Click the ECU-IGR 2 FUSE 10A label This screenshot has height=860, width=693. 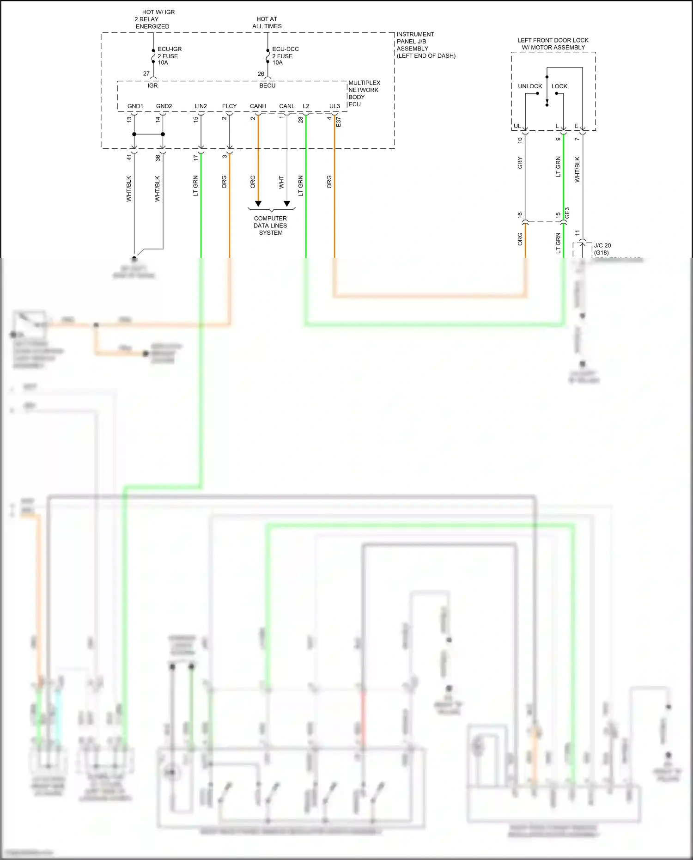point(169,56)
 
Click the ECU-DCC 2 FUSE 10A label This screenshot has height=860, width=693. point(285,56)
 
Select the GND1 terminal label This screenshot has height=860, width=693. point(135,106)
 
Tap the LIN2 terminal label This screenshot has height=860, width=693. point(201,106)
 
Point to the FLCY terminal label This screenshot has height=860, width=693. point(229,106)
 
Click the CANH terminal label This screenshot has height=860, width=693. point(258,106)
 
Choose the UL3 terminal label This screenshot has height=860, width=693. point(334,106)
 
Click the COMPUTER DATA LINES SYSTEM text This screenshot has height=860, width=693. point(270,226)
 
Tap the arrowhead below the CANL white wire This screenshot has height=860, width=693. point(287,204)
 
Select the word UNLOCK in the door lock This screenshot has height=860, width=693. point(530,86)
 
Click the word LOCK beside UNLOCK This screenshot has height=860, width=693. point(559,86)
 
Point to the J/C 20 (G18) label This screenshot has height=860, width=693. point(602,249)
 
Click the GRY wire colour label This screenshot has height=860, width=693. point(520,163)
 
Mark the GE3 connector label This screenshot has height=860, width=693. point(567,213)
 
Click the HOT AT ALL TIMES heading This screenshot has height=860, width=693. point(267,23)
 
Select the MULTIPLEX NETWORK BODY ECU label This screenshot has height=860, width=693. point(364,93)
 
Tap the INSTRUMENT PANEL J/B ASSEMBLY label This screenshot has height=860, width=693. point(425,45)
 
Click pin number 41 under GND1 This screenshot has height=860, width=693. point(129,158)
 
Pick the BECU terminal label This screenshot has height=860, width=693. point(267,85)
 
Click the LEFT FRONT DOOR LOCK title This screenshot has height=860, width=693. point(553,44)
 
